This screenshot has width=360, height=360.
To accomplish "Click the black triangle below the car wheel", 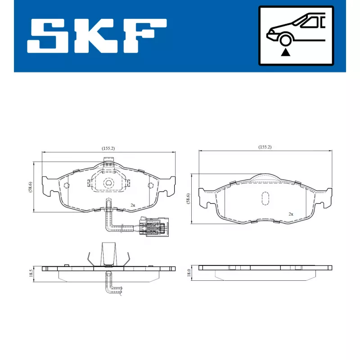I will pos(285,53).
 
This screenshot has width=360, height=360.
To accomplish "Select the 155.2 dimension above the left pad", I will pos(108,148).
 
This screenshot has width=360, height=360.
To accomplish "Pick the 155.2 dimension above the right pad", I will pos(265,147).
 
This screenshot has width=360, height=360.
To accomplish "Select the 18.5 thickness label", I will pos(31,273).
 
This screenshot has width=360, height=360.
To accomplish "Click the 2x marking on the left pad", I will pos(133,205).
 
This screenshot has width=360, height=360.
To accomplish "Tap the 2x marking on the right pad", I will pos(291,214).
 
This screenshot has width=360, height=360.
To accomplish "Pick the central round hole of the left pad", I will pos(108,183).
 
